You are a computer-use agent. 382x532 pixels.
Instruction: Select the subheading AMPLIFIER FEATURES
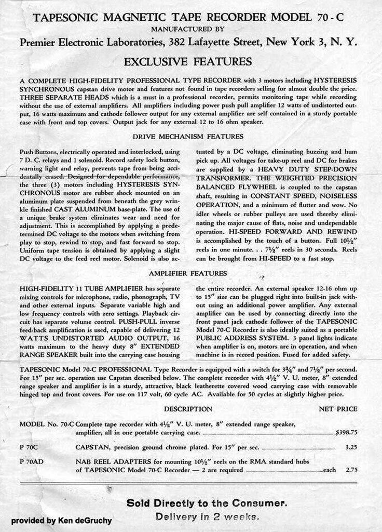click(187, 273)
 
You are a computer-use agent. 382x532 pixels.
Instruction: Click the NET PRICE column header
click(337, 408)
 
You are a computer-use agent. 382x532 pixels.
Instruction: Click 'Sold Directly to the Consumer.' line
click(207, 503)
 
